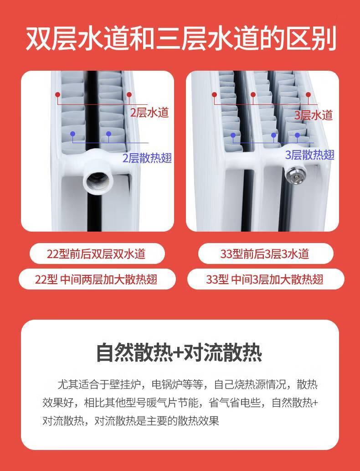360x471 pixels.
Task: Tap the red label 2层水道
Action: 149,113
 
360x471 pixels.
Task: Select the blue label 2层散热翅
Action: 147,158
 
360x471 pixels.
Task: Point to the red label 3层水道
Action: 314,115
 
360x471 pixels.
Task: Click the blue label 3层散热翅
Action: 309,155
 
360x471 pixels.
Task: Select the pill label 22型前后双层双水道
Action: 97,254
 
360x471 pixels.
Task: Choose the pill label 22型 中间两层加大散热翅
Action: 97,279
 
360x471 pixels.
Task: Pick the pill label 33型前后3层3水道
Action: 265,254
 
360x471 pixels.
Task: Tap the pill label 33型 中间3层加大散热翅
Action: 265,279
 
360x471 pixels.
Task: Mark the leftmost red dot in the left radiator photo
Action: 58,95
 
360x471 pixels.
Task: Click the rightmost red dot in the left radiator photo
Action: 129,95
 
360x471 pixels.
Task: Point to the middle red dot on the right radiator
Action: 253,95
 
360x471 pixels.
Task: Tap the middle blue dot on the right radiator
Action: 273,135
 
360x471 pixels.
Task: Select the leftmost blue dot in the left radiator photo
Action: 72,134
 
